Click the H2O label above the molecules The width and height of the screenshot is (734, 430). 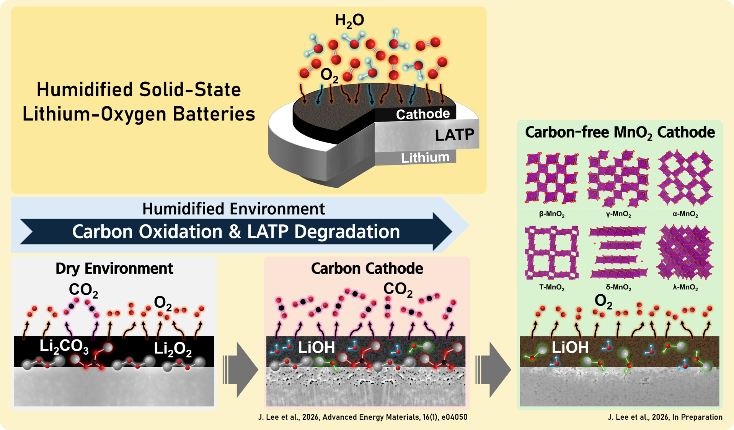349,21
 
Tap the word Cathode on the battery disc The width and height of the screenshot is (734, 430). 422,114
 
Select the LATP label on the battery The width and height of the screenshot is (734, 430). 455,135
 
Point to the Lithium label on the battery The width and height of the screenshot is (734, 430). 425,157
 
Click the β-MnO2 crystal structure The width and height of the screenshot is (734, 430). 551,178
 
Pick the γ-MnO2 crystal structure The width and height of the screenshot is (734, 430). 618,178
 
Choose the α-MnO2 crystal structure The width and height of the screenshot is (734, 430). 685,178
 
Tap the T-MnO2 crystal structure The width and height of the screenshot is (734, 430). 551,252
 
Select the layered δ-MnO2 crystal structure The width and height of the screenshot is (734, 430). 618,252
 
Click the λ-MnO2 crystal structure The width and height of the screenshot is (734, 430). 685,252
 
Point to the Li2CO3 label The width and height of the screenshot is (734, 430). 64,346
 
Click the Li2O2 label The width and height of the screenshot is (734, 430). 173,349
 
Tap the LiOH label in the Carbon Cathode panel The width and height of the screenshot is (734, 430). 316,347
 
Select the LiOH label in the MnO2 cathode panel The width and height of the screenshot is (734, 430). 570,347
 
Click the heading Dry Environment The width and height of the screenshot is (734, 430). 114,268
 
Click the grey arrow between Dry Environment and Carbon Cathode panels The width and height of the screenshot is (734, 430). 240,370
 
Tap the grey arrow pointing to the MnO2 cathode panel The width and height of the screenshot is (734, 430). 493,370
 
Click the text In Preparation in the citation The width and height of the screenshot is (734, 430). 697,417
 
